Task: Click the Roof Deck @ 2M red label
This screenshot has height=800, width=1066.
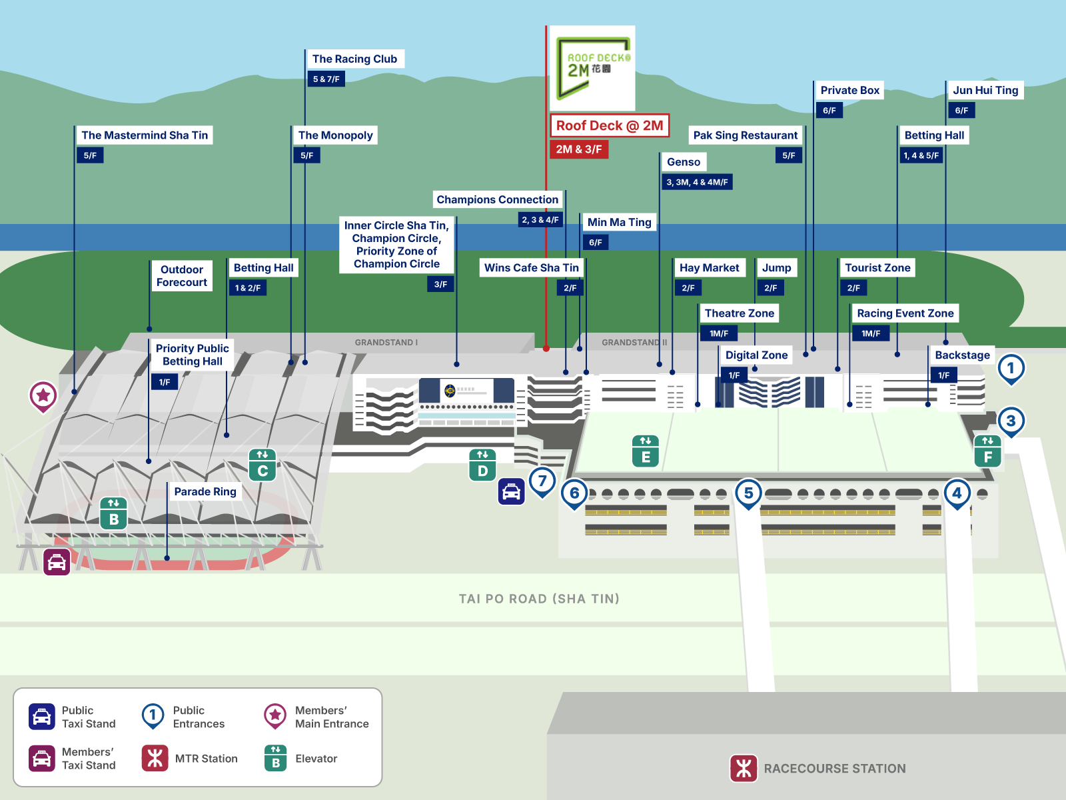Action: [609, 125]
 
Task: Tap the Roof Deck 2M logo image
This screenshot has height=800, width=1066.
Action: [595, 68]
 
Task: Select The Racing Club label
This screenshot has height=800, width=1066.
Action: [354, 59]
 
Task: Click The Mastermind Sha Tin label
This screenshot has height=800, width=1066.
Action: [145, 135]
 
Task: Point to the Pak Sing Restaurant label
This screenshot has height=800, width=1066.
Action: [745, 135]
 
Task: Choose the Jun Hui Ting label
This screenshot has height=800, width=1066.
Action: [985, 90]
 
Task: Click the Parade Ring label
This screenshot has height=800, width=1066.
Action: [205, 491]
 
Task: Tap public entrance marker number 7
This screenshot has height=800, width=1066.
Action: [542, 480]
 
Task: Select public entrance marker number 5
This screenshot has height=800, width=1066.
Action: [748, 493]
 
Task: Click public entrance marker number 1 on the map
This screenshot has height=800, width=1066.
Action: [1011, 367]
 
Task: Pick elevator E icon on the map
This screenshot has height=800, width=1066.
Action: [646, 451]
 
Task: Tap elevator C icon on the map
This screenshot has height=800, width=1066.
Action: [263, 465]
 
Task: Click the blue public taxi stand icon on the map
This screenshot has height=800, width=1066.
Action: [511, 492]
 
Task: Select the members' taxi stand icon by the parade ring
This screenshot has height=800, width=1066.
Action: [57, 562]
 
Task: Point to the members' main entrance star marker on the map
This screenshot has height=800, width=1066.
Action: [43, 395]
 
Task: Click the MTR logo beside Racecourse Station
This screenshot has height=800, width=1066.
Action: [744, 768]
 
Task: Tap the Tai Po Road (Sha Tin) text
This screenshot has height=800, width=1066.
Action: [539, 599]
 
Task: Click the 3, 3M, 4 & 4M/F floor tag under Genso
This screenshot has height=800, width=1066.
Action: [697, 182]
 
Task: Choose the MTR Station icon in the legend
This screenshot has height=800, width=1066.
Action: [155, 758]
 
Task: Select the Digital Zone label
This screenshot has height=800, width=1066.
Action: [756, 355]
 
